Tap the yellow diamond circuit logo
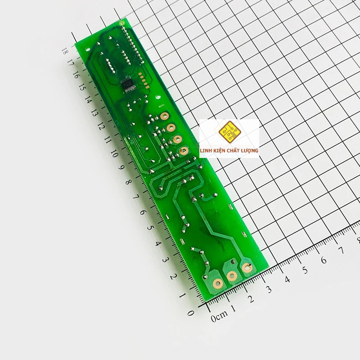(229, 132)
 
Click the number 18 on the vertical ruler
(65, 51)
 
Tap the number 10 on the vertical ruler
(114, 153)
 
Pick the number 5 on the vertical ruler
(150, 228)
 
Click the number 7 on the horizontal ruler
(342, 250)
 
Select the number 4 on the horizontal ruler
(287, 279)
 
